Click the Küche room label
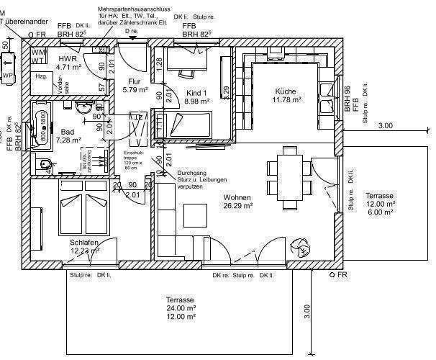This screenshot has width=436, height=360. [x=286, y=91]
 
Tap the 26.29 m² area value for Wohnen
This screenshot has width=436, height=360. [x=237, y=206]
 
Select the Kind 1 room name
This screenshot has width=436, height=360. [x=196, y=93]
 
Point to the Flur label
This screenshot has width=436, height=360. [x=134, y=81]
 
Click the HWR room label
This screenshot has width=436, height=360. [x=68, y=58]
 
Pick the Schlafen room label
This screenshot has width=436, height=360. [x=84, y=243]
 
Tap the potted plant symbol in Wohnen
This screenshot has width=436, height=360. [x=297, y=248]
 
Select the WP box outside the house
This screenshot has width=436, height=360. [x=8, y=75]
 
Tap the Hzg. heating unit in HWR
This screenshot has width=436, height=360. [x=42, y=76]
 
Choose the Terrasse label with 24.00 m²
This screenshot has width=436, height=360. [x=181, y=299]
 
